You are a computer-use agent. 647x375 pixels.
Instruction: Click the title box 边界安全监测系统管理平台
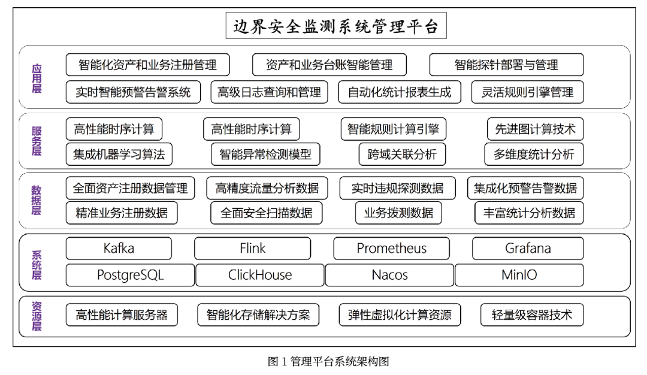pyautogui.click(x=336, y=26)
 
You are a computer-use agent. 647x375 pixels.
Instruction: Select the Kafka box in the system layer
pyautogui.click(x=119, y=249)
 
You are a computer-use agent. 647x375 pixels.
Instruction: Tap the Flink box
pyautogui.click(x=253, y=249)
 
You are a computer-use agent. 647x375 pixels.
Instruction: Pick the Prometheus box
pyautogui.click(x=391, y=249)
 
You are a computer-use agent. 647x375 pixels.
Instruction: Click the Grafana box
pyautogui.click(x=528, y=249)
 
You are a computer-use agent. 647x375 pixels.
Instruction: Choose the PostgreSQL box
pyautogui.click(x=131, y=275)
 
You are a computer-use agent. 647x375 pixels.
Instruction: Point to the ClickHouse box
pyautogui.click(x=260, y=275)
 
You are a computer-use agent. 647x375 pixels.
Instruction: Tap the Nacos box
pyautogui.click(x=389, y=275)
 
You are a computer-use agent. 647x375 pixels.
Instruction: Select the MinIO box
pyautogui.click(x=519, y=275)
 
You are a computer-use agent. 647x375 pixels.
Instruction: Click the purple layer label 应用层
pyautogui.click(x=37, y=78)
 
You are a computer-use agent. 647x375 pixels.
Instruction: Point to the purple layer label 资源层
pyautogui.click(x=37, y=316)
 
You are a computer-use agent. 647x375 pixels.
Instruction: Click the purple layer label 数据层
pyautogui.click(x=37, y=200)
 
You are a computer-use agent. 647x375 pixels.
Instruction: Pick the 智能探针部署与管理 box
pyautogui.click(x=506, y=65)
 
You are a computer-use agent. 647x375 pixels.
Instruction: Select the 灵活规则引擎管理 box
pyautogui.click(x=527, y=92)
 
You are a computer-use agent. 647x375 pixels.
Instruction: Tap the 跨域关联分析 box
pyautogui.click(x=403, y=155)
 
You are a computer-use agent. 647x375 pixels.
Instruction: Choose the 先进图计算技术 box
pyautogui.click(x=535, y=129)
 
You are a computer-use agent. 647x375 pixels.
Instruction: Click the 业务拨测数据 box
pyautogui.click(x=398, y=213)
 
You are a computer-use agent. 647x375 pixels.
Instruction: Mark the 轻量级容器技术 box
pyautogui.click(x=532, y=315)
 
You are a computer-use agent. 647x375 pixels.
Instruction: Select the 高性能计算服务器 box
pyautogui.click(x=122, y=315)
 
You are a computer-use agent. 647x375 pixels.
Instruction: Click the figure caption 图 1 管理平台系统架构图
pyautogui.click(x=328, y=362)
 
